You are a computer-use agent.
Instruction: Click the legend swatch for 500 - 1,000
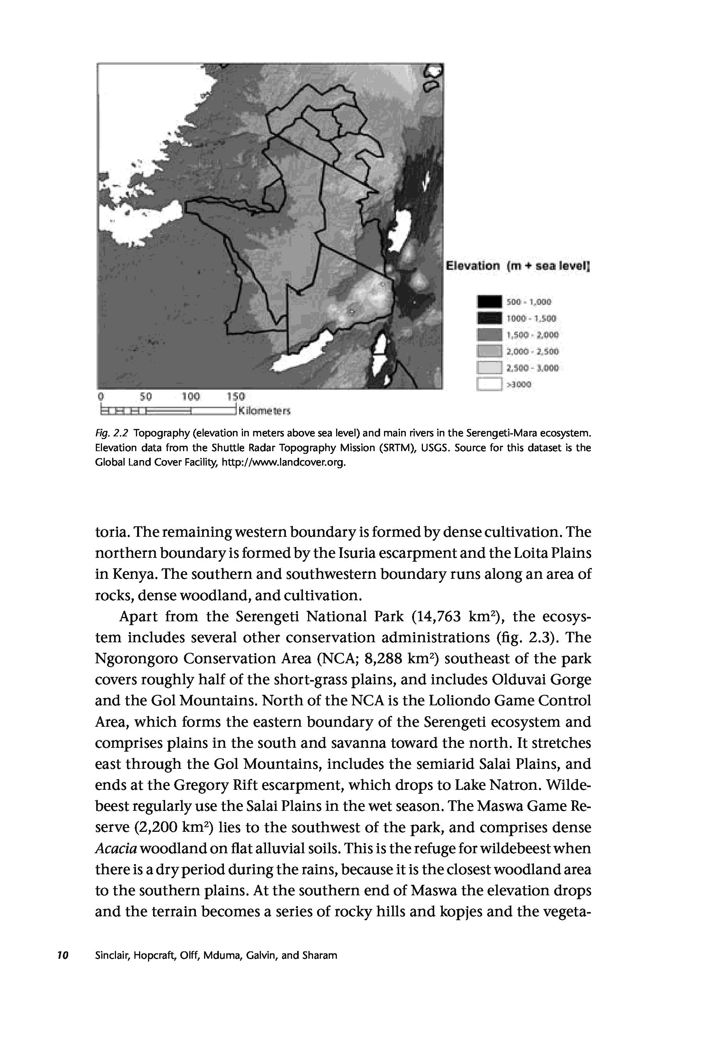pos(490,302)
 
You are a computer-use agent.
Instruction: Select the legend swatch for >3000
pos(490,384)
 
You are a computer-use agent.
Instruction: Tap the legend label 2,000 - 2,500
pos(532,352)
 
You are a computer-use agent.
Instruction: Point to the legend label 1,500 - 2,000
pos(532,335)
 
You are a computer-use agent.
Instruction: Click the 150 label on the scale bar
pos(236,396)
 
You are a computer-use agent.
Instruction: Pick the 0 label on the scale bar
pos(101,396)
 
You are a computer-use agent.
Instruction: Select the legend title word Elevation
pos(473,266)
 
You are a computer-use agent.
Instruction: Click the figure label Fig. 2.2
pos(112,433)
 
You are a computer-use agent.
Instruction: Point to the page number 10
pos(63,955)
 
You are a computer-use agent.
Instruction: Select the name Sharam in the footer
pos(320,955)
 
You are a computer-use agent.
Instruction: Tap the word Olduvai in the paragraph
pos(519,680)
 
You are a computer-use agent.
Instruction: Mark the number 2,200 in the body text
pos(155,828)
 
